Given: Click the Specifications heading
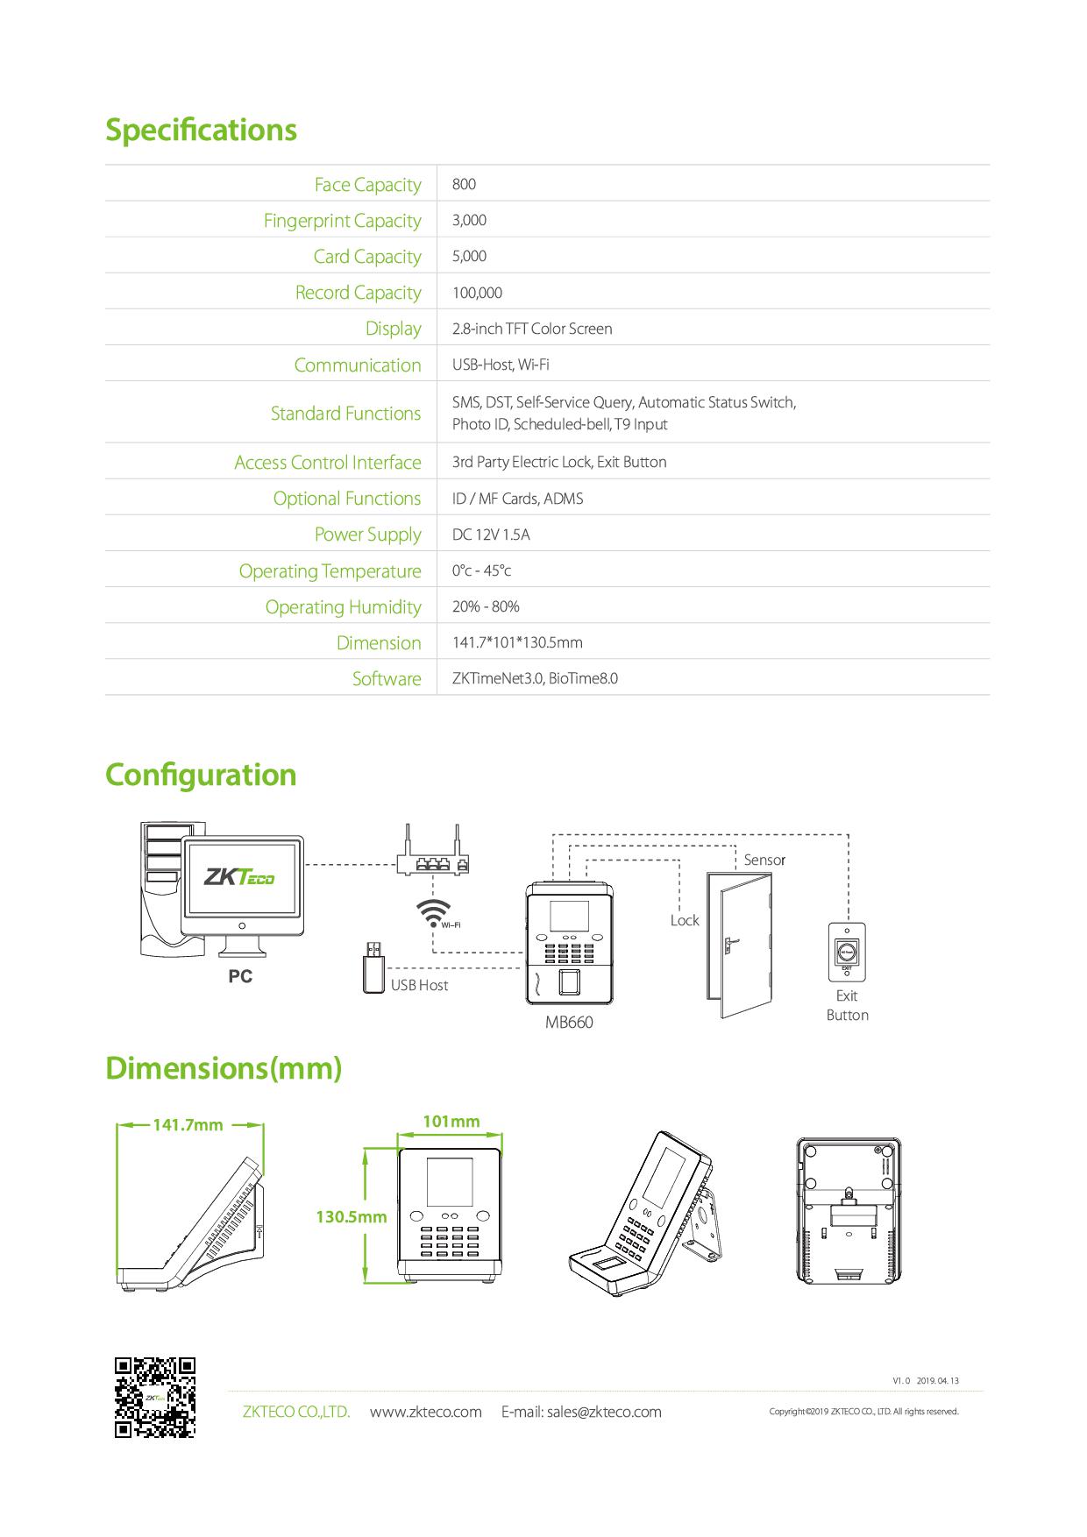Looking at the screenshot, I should pyautogui.click(x=201, y=130).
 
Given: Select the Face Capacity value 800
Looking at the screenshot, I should pyautogui.click(x=464, y=184).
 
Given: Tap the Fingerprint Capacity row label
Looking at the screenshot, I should pyautogui.click(x=342, y=221).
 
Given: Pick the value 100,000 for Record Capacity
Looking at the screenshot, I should pyautogui.click(x=477, y=293).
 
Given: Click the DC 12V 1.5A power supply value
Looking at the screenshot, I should pyautogui.click(x=491, y=535).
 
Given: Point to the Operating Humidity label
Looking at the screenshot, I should pyautogui.click(x=343, y=607).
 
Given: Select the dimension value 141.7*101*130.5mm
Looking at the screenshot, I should pyautogui.click(x=517, y=642).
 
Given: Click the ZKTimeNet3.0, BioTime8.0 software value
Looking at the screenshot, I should pyautogui.click(x=535, y=678).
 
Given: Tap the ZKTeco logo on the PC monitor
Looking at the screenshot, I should pyautogui.click(x=239, y=876).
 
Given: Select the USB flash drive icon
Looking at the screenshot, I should pyautogui.click(x=373, y=967).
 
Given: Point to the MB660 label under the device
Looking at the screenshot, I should pyautogui.click(x=569, y=1022).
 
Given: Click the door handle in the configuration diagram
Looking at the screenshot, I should pyautogui.click(x=729, y=945).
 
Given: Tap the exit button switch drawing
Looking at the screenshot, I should pyautogui.click(x=847, y=951).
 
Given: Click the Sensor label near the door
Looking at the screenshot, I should pyautogui.click(x=764, y=860).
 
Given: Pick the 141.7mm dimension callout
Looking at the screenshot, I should pyautogui.click(x=188, y=1124).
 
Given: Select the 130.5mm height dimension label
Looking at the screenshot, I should pyautogui.click(x=351, y=1216).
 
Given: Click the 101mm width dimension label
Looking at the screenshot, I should pyautogui.click(x=451, y=1122).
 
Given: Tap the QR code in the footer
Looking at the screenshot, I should pyautogui.click(x=154, y=1398).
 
